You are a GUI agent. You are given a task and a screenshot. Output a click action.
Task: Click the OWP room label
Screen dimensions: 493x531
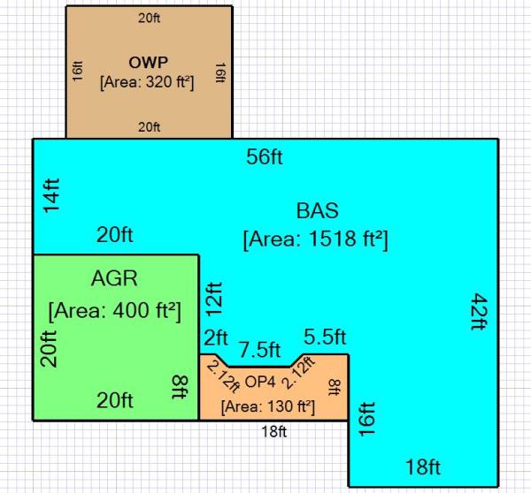[150, 64]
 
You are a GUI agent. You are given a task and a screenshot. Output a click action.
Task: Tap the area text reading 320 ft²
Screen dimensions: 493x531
[150, 81]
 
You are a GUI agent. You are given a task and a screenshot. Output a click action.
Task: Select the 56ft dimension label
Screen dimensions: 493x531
[265, 157]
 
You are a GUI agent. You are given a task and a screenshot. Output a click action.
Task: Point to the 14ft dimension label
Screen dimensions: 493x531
[51, 194]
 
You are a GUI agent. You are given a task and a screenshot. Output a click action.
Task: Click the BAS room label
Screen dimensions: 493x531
[317, 211]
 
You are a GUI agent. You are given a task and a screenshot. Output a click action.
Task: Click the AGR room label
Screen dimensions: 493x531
[115, 279]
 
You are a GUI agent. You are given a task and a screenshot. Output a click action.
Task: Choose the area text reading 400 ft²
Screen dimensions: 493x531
[115, 310]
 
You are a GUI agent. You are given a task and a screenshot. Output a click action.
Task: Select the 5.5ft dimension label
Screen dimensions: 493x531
[325, 338]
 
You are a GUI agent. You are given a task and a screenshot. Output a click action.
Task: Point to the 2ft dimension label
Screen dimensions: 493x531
[216, 338]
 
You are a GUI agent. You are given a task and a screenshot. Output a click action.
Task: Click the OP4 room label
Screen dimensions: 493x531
[260, 382]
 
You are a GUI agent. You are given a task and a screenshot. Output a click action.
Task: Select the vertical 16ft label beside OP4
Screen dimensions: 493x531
[366, 419]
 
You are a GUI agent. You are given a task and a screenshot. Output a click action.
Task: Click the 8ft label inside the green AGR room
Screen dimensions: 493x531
[180, 385]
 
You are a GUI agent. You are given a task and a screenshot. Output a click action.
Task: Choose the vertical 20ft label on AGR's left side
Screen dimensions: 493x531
[50, 347]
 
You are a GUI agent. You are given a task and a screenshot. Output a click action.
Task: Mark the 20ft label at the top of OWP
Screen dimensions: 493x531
[150, 17]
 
